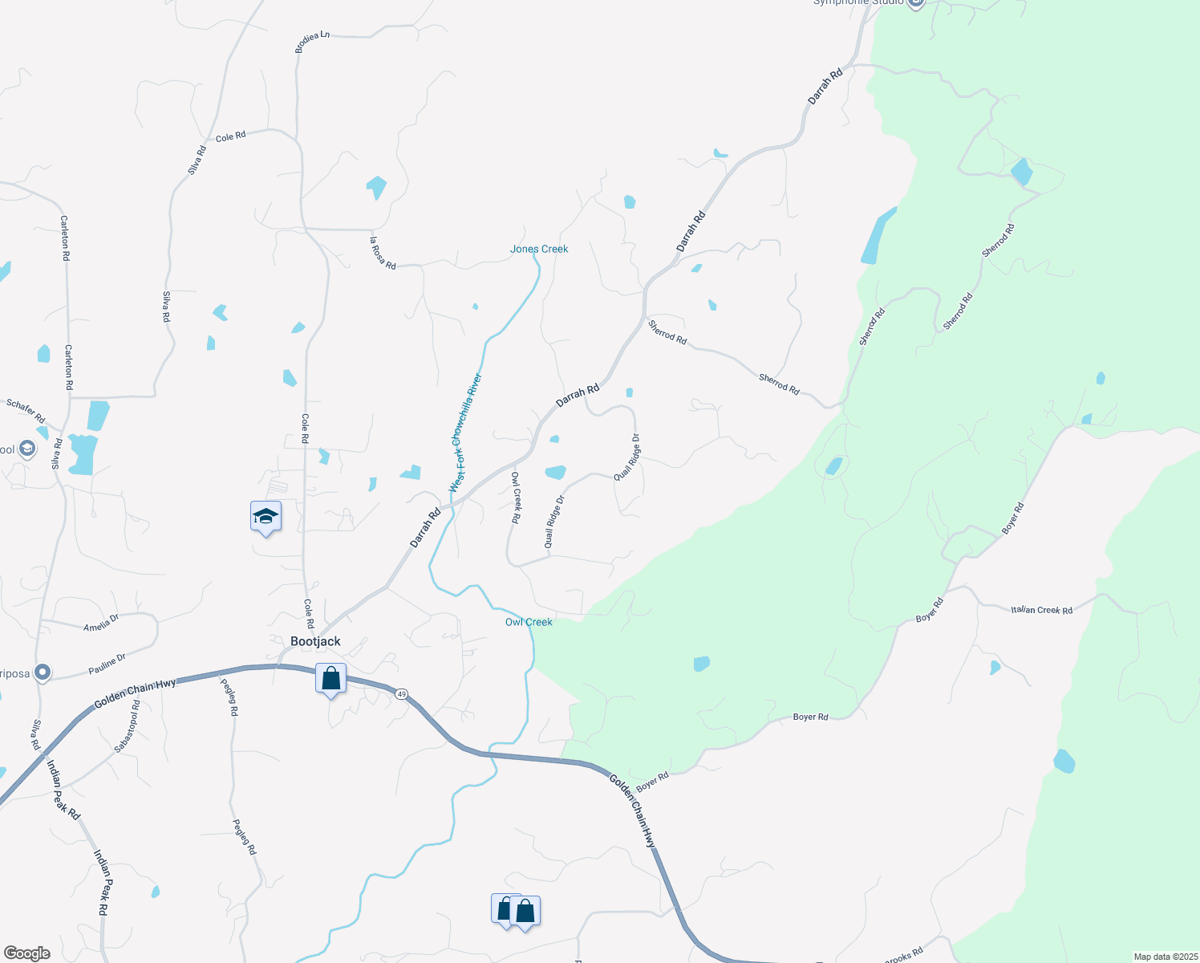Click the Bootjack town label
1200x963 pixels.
315,641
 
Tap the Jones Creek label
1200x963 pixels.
539,249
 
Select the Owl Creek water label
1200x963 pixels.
529,622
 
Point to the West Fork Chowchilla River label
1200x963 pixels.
466,433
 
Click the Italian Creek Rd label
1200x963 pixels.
1041,610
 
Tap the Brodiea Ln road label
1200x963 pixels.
312,42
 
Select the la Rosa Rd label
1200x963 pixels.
383,253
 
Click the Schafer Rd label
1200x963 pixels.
26,410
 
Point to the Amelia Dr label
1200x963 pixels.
101,622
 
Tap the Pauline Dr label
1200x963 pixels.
107,664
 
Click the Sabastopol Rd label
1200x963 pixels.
128,726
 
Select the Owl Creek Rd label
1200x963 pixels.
517,498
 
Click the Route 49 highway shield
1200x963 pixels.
401,693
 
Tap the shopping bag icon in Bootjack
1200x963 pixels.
330,679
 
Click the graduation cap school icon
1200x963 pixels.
266,517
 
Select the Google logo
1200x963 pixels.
26,953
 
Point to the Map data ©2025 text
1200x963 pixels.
1164,957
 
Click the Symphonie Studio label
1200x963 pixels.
858,2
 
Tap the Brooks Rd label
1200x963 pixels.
904,956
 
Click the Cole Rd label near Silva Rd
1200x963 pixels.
230,137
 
